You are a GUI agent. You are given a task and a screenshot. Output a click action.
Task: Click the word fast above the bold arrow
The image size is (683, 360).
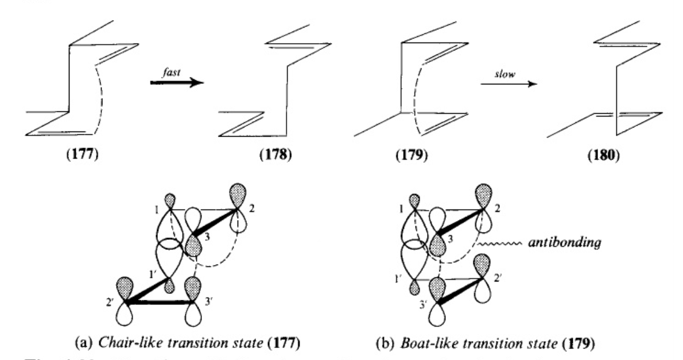(x=176, y=68)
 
